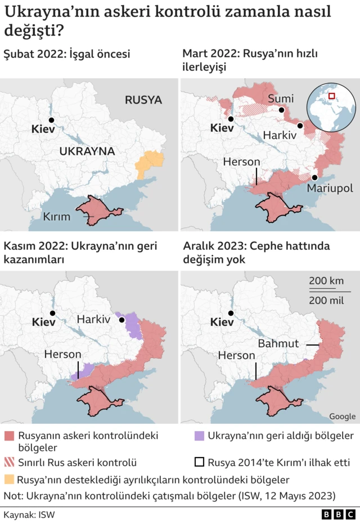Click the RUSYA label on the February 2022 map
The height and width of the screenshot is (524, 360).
pos(143,100)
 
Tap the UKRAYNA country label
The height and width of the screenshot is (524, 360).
pos(87,151)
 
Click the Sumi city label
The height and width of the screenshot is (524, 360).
pos(280,99)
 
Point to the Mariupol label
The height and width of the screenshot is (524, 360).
pos(330,189)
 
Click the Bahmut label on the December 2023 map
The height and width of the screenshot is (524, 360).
pos(278,343)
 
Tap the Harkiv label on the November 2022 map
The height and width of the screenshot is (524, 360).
pos(93,319)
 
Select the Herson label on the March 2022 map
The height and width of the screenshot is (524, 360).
pos(241,162)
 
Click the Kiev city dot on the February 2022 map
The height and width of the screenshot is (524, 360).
pos(52,120)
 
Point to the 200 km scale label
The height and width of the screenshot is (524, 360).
pos(326,281)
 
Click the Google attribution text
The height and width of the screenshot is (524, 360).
pos(342,416)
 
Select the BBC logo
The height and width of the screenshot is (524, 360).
pos(339,514)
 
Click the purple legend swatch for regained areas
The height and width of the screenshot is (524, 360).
pos(199,436)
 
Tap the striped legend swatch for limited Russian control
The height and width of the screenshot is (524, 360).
pos(9,463)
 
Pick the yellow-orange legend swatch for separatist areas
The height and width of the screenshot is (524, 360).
pos(9,480)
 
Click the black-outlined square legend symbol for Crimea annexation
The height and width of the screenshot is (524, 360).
pos(199,463)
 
